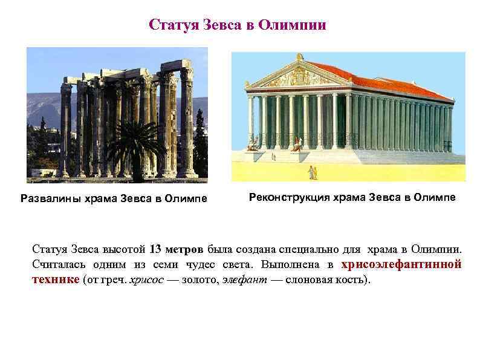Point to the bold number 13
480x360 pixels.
coord(155,249)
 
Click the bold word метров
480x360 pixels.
coord(185,249)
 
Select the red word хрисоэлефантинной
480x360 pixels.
coord(401,265)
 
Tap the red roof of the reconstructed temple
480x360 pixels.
coord(387,79)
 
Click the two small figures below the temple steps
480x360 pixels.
coord(313,172)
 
